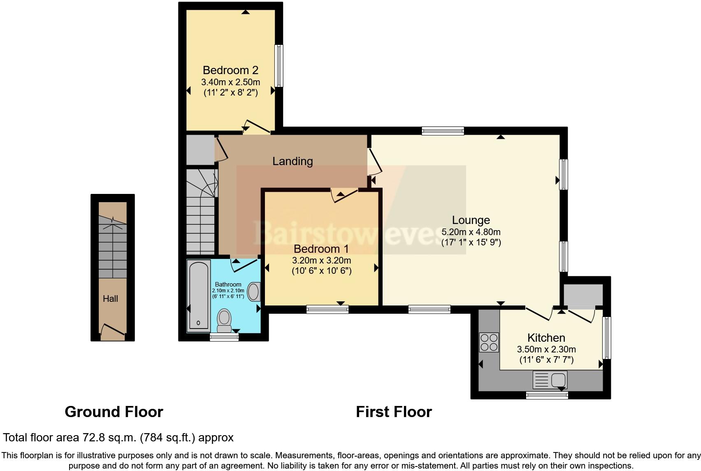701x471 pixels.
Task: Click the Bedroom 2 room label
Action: [230, 70]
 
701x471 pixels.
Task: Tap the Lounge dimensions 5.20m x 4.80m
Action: [471, 232]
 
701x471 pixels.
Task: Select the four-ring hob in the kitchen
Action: [489, 342]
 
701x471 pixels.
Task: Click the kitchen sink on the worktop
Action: [550, 380]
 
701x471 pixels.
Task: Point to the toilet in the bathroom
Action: [224, 320]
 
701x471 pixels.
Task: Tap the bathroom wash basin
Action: [254, 292]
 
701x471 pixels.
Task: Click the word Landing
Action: [292, 161]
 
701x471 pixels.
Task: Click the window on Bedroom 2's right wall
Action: [279, 66]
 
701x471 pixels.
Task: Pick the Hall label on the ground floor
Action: [110, 298]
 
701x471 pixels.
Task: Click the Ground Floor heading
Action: [114, 412]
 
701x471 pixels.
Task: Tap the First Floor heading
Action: [394, 412]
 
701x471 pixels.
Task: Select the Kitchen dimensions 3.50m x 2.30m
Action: [546, 350]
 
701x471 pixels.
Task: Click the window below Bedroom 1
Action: [327, 309]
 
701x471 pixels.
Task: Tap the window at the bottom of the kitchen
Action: [547, 395]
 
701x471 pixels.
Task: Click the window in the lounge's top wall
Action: [443, 131]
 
